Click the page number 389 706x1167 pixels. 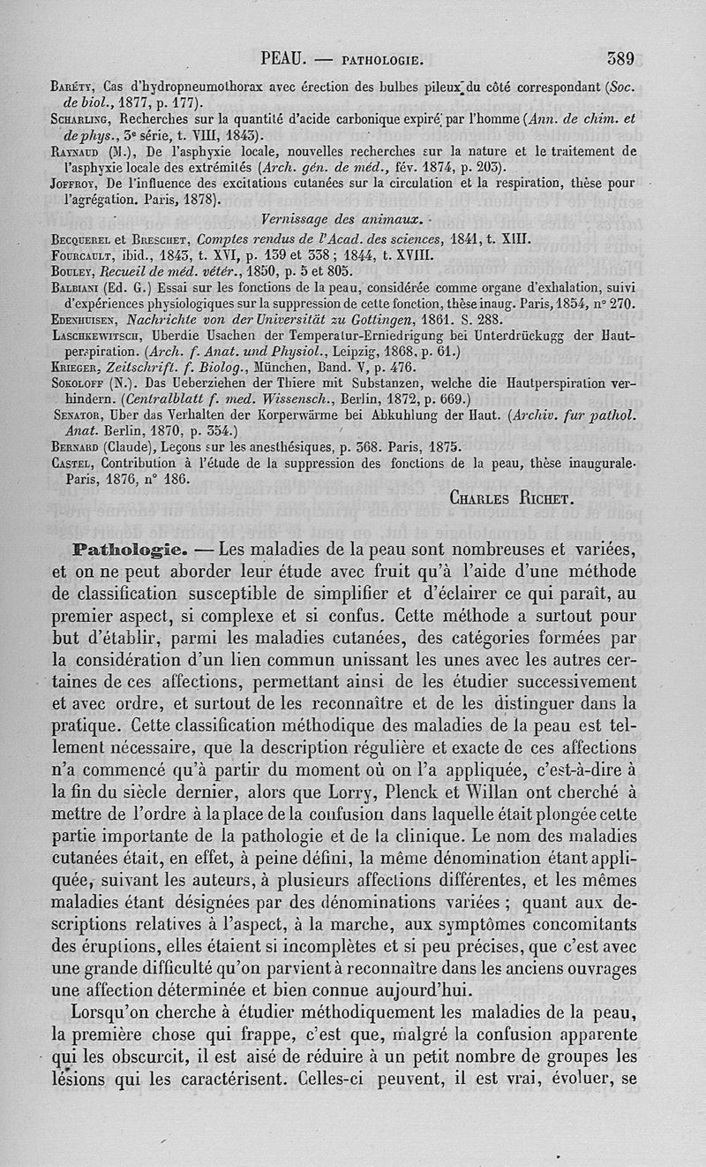point(621,59)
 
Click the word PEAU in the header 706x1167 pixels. point(283,60)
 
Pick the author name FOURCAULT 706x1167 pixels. point(86,254)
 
